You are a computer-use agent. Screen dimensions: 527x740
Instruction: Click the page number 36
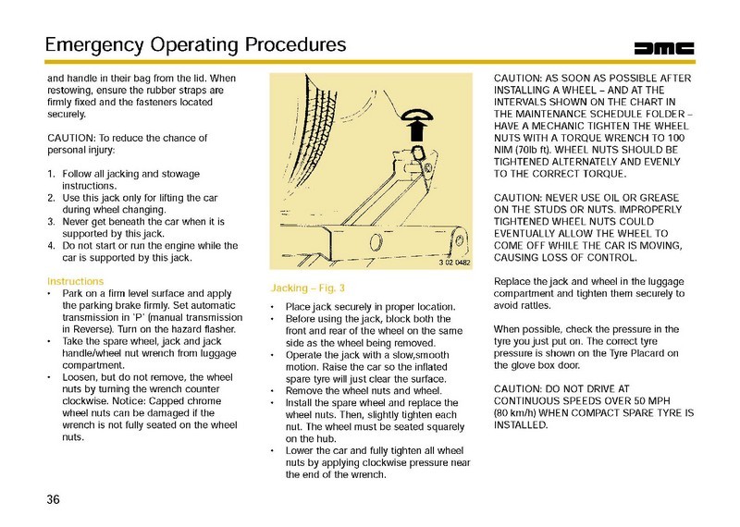[54, 500]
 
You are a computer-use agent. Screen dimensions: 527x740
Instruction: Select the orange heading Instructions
[81, 280]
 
